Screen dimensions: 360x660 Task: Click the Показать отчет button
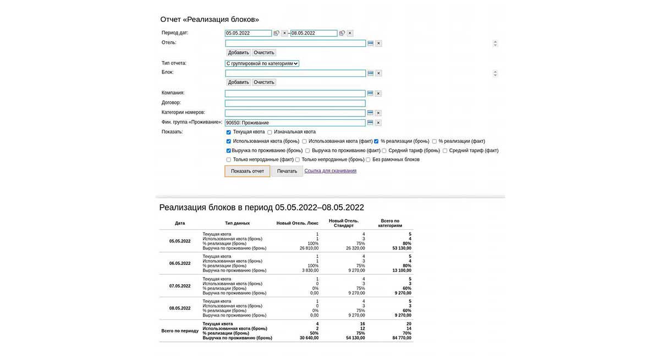tap(248, 171)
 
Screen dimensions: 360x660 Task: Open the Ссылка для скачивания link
tap(330, 171)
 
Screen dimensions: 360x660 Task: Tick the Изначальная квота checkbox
tap(269, 132)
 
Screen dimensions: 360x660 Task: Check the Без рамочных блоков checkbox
tap(368, 160)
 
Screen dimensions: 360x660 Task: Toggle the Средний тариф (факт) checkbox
tap(445, 151)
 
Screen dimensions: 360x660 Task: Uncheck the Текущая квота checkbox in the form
tap(229, 132)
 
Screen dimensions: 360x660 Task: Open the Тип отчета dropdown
tap(262, 64)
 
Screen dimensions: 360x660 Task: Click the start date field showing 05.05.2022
tap(248, 33)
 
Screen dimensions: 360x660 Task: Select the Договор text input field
tap(295, 103)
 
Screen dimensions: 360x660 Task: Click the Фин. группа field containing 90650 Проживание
tap(295, 123)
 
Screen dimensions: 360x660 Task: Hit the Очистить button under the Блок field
tap(264, 82)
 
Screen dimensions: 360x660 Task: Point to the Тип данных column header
tap(237, 223)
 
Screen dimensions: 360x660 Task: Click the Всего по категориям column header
tap(390, 223)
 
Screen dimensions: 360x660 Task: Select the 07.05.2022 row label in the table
tap(180, 286)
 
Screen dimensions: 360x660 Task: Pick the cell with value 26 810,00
tap(307, 248)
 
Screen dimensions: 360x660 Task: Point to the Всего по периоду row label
tap(180, 331)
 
